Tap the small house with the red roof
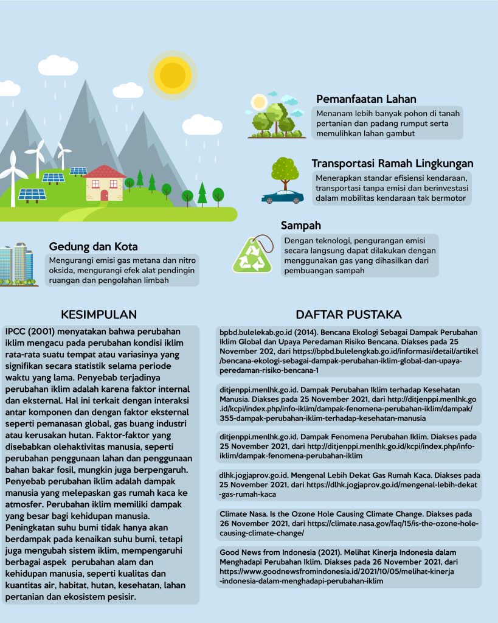(105, 184)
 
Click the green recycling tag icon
(252, 255)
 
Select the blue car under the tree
(283, 197)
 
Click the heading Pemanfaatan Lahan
(366, 99)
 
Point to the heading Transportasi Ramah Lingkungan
(392, 164)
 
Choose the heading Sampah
(300, 226)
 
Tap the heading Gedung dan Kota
(93, 246)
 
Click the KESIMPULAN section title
(99, 315)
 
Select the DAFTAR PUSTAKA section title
(348, 315)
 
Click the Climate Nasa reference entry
(348, 524)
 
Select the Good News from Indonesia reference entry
(348, 566)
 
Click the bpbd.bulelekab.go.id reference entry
(348, 352)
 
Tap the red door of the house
(104, 195)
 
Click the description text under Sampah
(359, 256)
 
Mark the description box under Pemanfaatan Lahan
(388, 123)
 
